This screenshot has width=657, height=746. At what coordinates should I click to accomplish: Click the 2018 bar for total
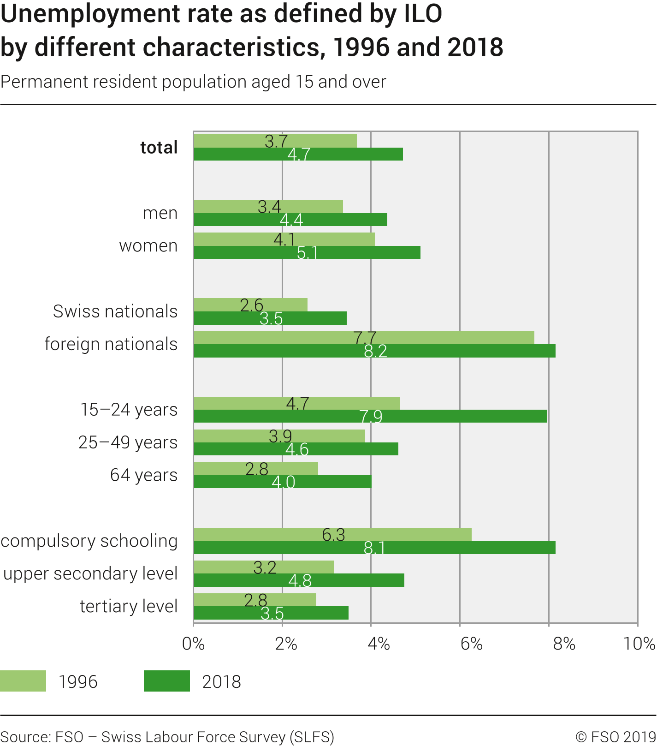(x=298, y=155)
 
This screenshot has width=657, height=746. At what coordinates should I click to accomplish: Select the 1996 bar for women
(x=284, y=239)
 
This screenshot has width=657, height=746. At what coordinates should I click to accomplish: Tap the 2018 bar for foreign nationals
(x=374, y=351)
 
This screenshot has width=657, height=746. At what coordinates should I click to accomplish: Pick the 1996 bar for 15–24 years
(x=296, y=403)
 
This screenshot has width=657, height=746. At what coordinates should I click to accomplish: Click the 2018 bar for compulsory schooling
(x=374, y=548)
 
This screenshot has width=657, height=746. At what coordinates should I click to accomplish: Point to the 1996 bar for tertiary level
(x=255, y=600)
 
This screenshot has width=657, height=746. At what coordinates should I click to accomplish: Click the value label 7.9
(x=371, y=417)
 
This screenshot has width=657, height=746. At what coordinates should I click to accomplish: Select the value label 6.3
(x=333, y=535)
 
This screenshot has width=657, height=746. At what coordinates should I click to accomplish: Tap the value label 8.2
(x=375, y=352)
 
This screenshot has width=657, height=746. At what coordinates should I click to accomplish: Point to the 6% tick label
(x=471, y=644)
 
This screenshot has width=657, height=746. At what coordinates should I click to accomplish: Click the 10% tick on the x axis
(x=639, y=644)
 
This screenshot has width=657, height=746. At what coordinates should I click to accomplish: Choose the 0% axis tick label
(x=193, y=644)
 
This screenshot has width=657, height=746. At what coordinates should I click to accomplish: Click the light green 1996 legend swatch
(x=23, y=681)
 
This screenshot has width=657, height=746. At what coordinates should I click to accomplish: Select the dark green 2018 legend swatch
(x=166, y=681)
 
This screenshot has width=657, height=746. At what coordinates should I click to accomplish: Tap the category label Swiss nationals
(x=115, y=311)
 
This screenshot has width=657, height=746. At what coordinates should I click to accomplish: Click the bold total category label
(x=159, y=148)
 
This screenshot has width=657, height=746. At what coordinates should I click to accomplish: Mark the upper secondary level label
(x=90, y=573)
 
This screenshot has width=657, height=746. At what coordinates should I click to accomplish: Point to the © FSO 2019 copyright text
(x=616, y=737)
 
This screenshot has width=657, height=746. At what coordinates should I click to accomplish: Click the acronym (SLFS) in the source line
(x=312, y=737)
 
